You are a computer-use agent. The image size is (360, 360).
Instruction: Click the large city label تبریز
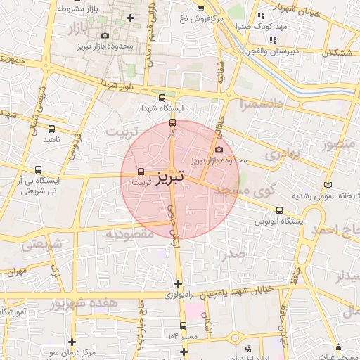(x=171, y=176)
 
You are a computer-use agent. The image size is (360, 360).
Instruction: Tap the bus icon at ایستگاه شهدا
(x=163, y=98)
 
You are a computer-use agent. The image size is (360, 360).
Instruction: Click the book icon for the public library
(x=328, y=184)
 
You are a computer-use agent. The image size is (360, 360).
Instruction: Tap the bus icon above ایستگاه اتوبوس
(x=280, y=210)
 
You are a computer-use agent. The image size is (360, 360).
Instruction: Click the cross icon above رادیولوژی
(x=178, y=283)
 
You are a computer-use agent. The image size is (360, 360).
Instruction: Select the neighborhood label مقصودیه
(x=129, y=233)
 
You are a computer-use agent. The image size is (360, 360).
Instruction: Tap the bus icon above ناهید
(x=51, y=129)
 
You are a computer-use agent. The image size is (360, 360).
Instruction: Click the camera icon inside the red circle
(x=219, y=149)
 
